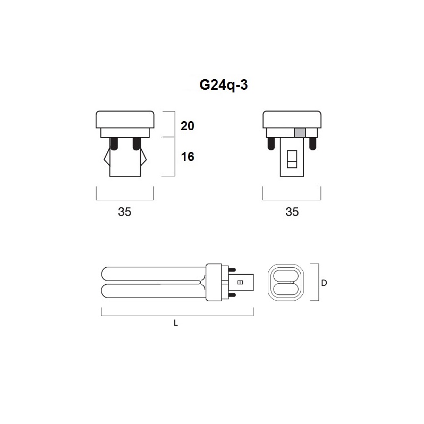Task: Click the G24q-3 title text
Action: pyautogui.click(x=223, y=86)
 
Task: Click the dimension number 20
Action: pyautogui.click(x=188, y=126)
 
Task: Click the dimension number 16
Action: pyautogui.click(x=188, y=157)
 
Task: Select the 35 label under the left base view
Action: pyautogui.click(x=125, y=211)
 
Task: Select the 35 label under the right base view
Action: pyautogui.click(x=292, y=211)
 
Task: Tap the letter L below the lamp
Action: pyautogui.click(x=176, y=323)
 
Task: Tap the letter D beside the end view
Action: pyautogui.click(x=324, y=283)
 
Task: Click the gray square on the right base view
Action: pyautogui.click(x=300, y=133)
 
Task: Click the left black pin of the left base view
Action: pyautogui.click(x=114, y=143)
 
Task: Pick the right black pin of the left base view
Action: pyautogui.click(x=137, y=143)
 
